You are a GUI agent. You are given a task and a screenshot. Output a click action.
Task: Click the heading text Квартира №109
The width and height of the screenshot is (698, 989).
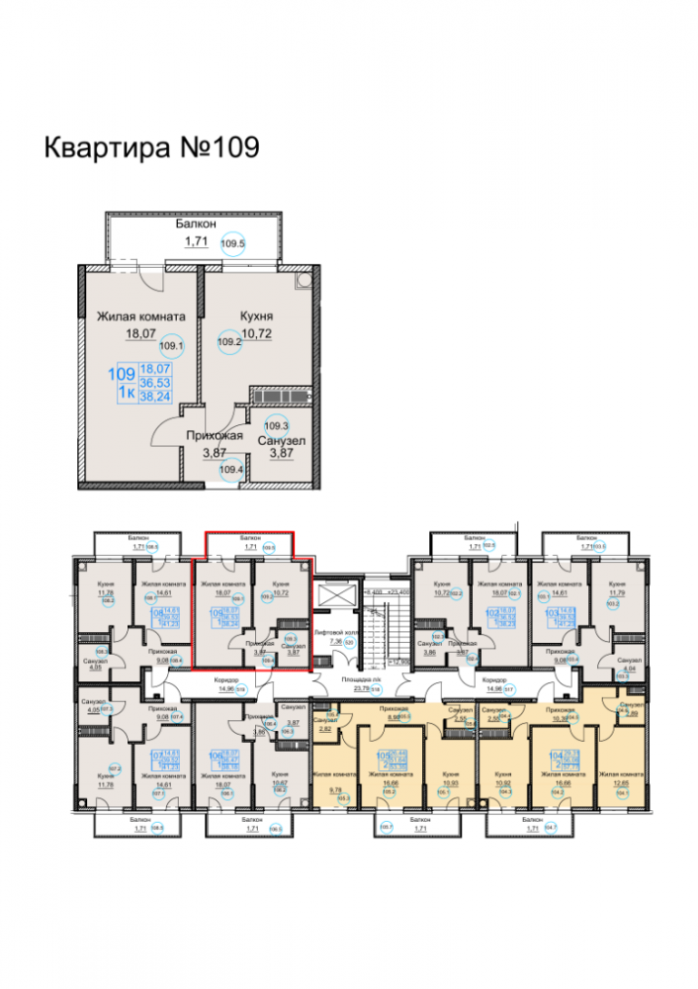coord(151,147)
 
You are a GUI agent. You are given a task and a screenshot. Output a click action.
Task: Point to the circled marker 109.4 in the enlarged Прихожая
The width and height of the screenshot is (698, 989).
coord(231,470)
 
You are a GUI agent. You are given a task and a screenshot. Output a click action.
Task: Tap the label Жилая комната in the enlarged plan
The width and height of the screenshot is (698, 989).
coord(140,317)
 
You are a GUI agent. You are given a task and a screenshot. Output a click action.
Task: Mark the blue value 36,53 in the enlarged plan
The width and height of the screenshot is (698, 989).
coord(153,381)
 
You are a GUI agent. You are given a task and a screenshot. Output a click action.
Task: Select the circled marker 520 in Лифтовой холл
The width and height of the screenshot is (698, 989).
coord(348,642)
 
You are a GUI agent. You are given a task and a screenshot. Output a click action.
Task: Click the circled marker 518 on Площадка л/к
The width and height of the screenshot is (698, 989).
coord(375,688)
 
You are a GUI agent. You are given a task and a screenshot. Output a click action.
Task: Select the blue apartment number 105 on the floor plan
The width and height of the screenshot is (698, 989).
coord(383,756)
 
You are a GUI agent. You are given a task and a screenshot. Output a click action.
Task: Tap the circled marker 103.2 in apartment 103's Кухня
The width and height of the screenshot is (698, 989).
coord(614,600)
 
